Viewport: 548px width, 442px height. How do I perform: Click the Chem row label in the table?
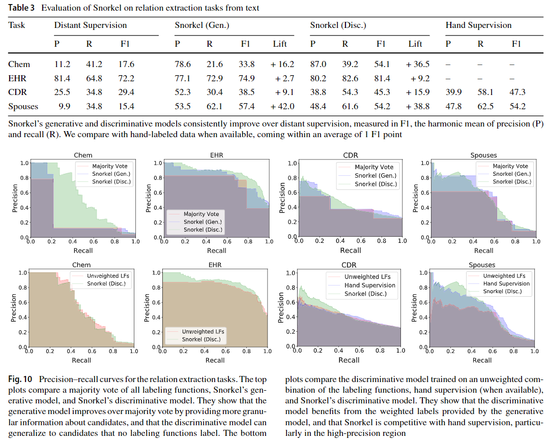coord(19,64)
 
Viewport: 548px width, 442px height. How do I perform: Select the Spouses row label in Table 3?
coord(23,106)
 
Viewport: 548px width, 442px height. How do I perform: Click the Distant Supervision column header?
coord(91,25)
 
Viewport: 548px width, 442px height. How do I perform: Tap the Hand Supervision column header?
coord(478,25)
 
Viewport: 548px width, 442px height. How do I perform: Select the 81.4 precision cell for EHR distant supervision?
coord(62,78)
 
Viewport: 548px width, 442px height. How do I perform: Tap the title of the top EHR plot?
coord(216,155)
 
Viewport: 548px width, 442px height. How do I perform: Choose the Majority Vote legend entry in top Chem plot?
coord(109,166)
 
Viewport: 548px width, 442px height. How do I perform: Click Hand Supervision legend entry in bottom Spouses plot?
coord(506,283)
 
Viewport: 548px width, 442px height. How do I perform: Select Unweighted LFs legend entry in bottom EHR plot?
coord(203,331)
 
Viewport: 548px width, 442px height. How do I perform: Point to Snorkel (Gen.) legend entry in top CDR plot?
coord(376,175)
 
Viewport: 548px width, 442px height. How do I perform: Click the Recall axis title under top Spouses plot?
coord(483,250)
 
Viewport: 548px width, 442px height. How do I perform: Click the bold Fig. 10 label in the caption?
coord(20,380)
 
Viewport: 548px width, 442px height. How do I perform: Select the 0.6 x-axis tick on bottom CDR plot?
coord(359,351)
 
